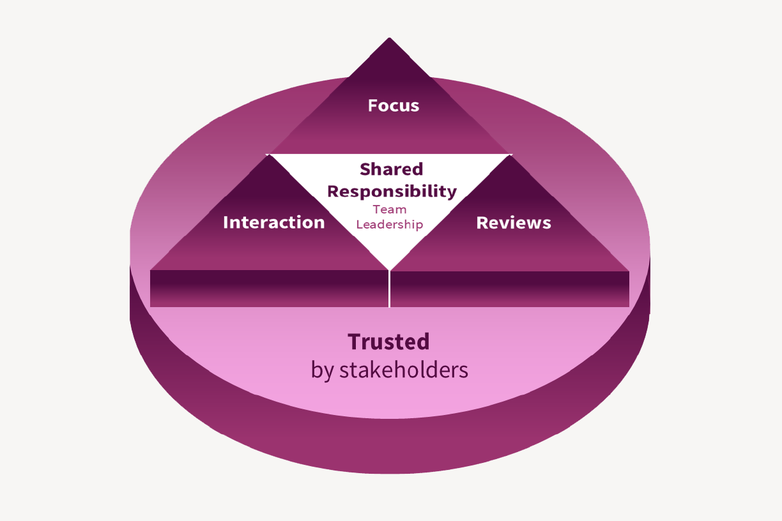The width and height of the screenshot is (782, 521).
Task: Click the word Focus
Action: click(x=394, y=105)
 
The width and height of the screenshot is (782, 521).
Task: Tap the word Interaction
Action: click(x=273, y=222)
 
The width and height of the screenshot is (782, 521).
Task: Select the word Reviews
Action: click(x=514, y=222)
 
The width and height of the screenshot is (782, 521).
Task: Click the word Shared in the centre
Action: click(x=391, y=169)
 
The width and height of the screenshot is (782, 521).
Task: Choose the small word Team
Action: click(x=390, y=209)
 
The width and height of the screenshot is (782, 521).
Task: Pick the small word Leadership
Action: click(x=390, y=224)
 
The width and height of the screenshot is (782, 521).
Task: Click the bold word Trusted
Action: click(x=388, y=342)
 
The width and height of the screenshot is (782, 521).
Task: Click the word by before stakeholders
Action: click(x=322, y=370)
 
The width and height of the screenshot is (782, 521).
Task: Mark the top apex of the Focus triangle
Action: click(x=389, y=39)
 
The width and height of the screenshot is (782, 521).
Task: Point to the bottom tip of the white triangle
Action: click(x=389, y=268)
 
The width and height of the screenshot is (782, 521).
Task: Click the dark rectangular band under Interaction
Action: click(x=269, y=289)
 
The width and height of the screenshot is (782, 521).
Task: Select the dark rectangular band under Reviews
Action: click(x=509, y=289)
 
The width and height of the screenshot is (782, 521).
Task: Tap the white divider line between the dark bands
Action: click(x=389, y=289)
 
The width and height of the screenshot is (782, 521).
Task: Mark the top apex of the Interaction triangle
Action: click(x=269, y=156)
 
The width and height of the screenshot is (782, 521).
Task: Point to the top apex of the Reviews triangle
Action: click(x=510, y=156)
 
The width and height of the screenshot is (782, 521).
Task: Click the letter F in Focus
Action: click(x=373, y=105)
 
